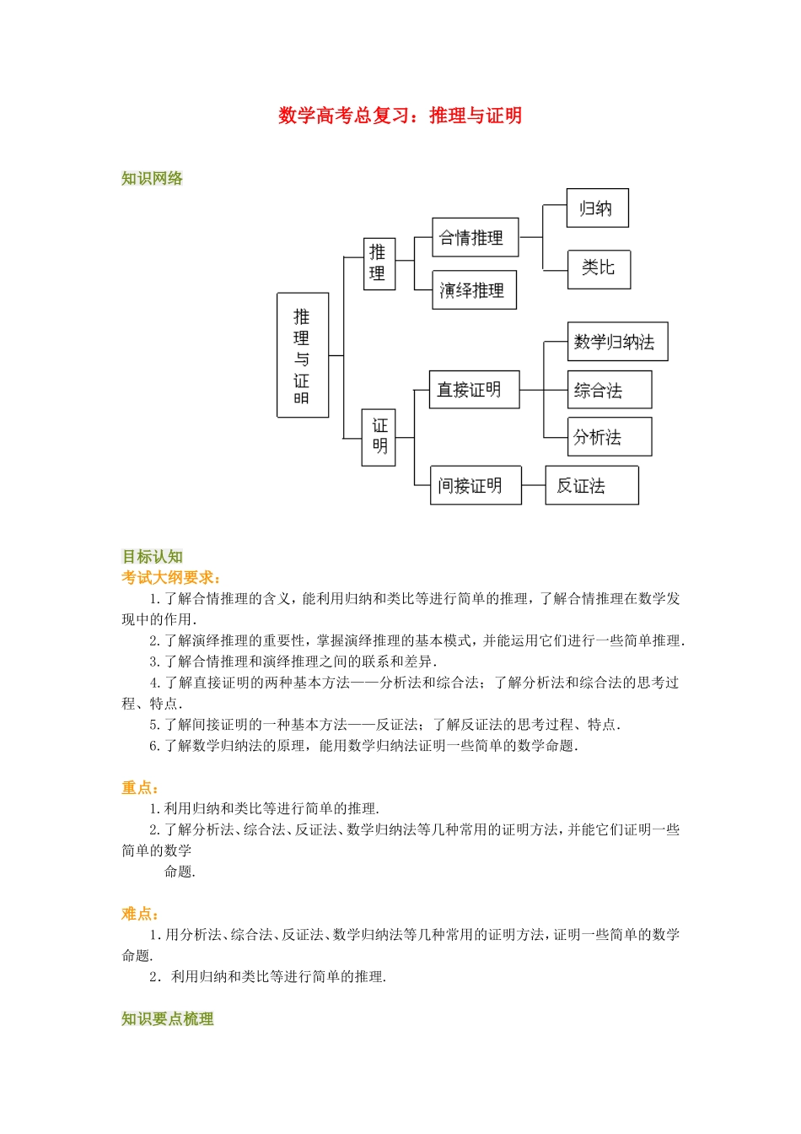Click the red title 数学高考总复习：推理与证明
[400, 116]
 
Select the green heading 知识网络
[152, 178]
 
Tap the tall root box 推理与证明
[302, 355]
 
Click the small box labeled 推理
[379, 263]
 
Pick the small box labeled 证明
[379, 436]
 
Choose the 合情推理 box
[474, 238]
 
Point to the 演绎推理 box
[473, 290]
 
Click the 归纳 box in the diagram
[597, 208]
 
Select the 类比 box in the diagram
[598, 269]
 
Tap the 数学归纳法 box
[616, 342]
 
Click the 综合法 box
[609, 390]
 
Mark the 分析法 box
[609, 437]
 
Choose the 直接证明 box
[473, 390]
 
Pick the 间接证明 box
[475, 485]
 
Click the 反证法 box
[591, 485]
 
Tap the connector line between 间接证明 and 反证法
[533, 485]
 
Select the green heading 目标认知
[153, 556]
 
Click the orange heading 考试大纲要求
[171, 577]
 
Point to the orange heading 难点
[140, 913]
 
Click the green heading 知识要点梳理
[167, 1018]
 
